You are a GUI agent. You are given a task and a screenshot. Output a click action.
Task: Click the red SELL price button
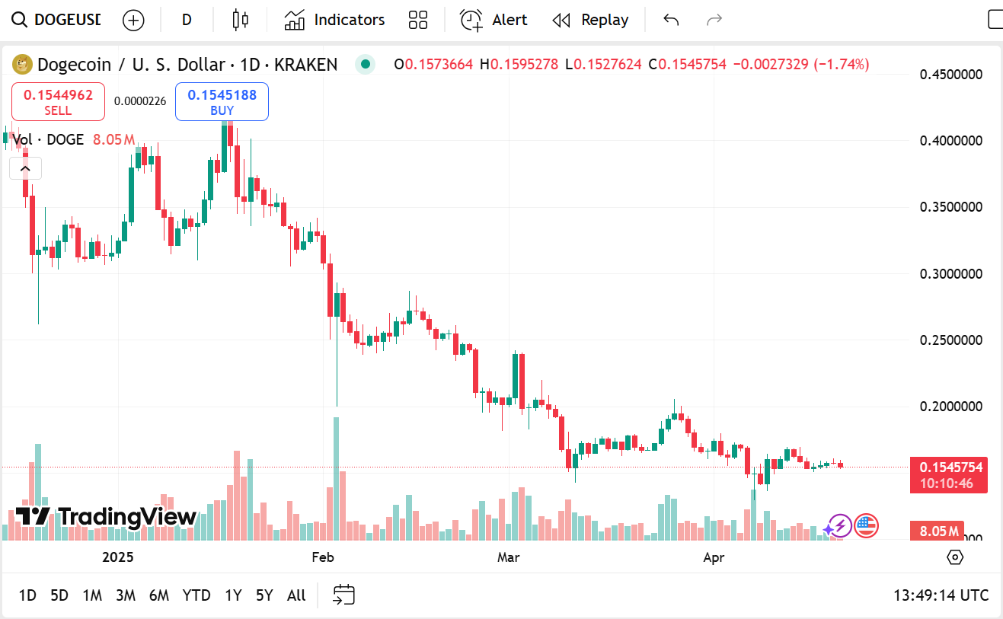click(x=58, y=102)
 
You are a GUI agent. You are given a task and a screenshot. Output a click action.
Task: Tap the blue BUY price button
click(x=222, y=102)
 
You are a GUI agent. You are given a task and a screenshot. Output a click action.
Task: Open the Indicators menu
click(x=334, y=20)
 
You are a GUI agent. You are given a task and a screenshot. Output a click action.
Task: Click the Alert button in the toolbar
click(x=494, y=20)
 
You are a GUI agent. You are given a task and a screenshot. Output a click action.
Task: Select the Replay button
click(x=590, y=20)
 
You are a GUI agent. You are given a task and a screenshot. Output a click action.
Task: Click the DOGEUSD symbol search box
click(x=58, y=20)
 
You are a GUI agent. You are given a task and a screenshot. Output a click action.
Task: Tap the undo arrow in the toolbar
click(x=671, y=20)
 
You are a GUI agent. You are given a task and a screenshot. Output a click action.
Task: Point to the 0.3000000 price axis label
click(x=950, y=273)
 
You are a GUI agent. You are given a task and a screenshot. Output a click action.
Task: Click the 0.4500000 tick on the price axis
click(x=950, y=75)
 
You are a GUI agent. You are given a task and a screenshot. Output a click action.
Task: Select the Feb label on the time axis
click(x=323, y=557)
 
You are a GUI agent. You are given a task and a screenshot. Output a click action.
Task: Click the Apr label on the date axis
click(x=714, y=557)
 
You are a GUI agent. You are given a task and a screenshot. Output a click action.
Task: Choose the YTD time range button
click(x=196, y=595)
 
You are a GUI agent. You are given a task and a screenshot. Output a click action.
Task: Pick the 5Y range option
click(x=264, y=595)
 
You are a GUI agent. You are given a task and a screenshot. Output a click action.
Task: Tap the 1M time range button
click(x=92, y=595)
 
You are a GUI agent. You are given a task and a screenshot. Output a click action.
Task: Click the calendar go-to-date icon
click(x=344, y=595)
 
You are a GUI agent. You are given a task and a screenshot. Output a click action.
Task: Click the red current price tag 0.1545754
click(x=948, y=467)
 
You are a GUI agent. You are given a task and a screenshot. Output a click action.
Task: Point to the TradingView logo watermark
click(x=106, y=517)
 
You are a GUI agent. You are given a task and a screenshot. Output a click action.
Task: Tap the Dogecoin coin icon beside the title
click(x=22, y=65)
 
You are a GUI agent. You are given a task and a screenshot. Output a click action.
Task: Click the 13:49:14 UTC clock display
click(x=941, y=595)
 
